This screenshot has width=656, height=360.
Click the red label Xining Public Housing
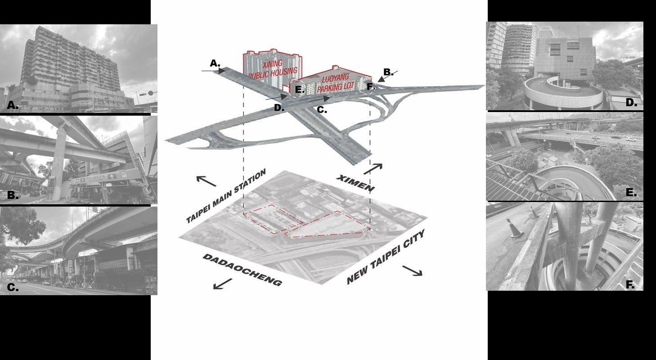[273, 69]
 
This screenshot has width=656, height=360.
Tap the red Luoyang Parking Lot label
[336, 83]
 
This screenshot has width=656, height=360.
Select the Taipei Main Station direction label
[226, 196]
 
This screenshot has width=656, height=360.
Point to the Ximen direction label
[355, 183]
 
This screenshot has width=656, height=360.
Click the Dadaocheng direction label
[242, 270]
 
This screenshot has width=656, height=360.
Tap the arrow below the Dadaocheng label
[223, 283]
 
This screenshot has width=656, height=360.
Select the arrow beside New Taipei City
[412, 270]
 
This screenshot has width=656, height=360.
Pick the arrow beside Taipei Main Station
[206, 181]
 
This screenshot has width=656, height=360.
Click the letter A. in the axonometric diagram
[215, 63]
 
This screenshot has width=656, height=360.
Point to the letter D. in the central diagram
[279, 108]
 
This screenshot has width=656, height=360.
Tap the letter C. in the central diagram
[322, 110]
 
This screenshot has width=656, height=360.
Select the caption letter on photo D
[631, 103]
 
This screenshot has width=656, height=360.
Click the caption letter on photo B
[13, 195]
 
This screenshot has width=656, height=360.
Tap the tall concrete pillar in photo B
[59, 158]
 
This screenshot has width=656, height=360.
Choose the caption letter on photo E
[631, 193]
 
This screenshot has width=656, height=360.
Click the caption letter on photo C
[13, 288]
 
